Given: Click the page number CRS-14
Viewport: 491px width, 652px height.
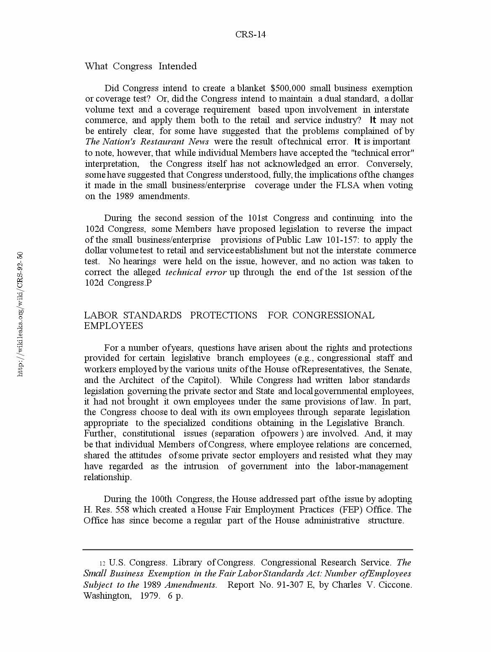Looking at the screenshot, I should [x=250, y=34].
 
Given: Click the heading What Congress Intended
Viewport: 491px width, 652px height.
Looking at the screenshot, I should [x=141, y=66].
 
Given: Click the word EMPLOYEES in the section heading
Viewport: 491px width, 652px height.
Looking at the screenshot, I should [x=114, y=326].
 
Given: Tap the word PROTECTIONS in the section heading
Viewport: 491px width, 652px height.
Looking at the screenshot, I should [x=223, y=315].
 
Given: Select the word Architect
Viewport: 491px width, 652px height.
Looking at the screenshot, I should [x=136, y=380].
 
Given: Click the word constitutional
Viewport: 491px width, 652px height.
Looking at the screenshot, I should [x=149, y=434].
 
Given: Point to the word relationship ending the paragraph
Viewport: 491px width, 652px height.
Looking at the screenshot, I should [x=107, y=477].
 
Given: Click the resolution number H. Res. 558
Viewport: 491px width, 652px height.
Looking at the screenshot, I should [x=106, y=510].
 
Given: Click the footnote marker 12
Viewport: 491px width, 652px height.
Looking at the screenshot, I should [x=102, y=563].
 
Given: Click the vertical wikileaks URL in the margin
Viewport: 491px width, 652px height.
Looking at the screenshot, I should [x=20, y=314].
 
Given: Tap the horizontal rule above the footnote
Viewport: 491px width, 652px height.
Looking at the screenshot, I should [x=248, y=549].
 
